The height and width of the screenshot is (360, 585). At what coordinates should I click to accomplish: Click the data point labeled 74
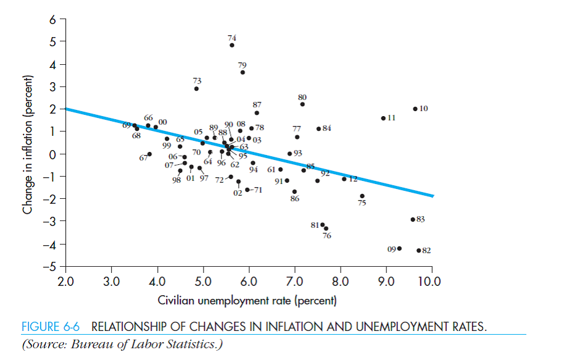[x=232, y=45]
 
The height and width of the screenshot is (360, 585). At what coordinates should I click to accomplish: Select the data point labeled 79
[x=243, y=72]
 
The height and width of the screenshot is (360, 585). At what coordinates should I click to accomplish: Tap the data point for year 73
[x=196, y=89]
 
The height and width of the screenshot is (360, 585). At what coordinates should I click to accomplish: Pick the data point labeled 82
[x=418, y=251]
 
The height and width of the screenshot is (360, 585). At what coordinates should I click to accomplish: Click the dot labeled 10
[x=415, y=109]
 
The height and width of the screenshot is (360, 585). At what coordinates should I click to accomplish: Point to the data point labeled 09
[x=399, y=248]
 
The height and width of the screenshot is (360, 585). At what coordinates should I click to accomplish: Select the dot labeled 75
[x=362, y=196]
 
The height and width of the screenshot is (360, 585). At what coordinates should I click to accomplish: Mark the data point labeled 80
[x=302, y=104]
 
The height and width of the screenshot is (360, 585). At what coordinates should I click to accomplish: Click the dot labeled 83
[x=413, y=219]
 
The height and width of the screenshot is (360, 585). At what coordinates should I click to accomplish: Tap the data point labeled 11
[x=383, y=118]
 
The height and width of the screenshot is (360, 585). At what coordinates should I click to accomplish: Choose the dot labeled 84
[x=318, y=128]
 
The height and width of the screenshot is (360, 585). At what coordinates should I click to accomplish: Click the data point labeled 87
[x=257, y=113]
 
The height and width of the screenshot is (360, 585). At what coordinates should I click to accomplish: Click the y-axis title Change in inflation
[x=27, y=145]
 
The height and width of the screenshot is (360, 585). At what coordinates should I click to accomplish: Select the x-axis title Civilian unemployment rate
[x=247, y=301]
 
